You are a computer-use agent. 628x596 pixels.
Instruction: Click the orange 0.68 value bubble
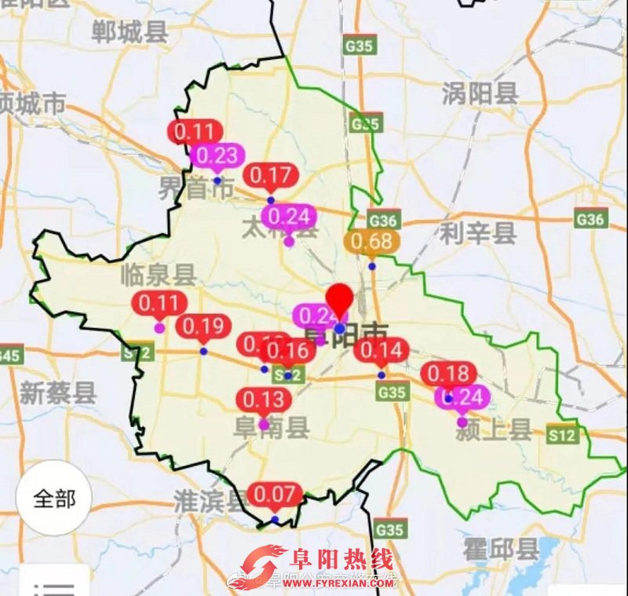[371, 241]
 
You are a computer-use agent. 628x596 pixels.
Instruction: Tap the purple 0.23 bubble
[217, 155]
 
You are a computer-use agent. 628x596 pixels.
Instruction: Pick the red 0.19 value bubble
[203, 326]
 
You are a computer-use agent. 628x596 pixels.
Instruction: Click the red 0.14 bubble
[381, 350]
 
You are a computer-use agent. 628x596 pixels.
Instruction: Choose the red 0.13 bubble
[264, 400]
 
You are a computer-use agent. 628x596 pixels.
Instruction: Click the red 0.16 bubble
[290, 350]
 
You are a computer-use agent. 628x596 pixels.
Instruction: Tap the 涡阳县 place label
[480, 94]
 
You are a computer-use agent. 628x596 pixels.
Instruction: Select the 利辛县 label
[477, 232]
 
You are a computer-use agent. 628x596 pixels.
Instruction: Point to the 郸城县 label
[130, 32]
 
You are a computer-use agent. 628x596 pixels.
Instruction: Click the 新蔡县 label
[58, 393]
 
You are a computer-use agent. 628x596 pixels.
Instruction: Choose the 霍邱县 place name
[501, 549]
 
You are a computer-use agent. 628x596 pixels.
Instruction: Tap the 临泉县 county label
[159, 275]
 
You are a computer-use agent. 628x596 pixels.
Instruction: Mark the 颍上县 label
[495, 430]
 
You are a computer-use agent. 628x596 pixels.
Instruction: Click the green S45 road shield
[10, 355]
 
